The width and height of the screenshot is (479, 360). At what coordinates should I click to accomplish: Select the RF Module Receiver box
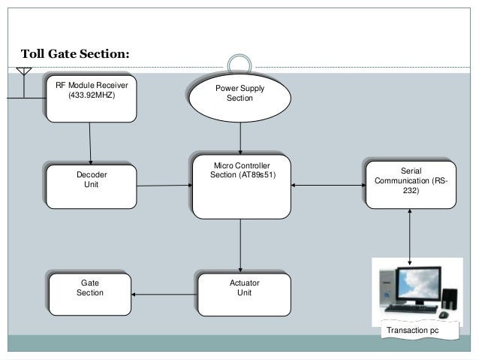[92, 97]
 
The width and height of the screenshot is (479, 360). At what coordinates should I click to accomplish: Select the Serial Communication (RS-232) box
[411, 182]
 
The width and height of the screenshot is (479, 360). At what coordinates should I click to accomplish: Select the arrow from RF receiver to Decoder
[90, 143]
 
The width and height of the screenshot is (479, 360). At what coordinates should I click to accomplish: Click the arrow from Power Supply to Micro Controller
[240, 138]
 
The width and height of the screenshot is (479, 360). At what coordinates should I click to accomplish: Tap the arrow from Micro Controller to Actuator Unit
[240, 244]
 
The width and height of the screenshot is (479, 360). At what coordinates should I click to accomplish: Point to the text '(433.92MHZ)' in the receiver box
[92, 96]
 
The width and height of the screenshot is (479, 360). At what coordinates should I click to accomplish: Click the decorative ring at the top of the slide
[240, 65]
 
